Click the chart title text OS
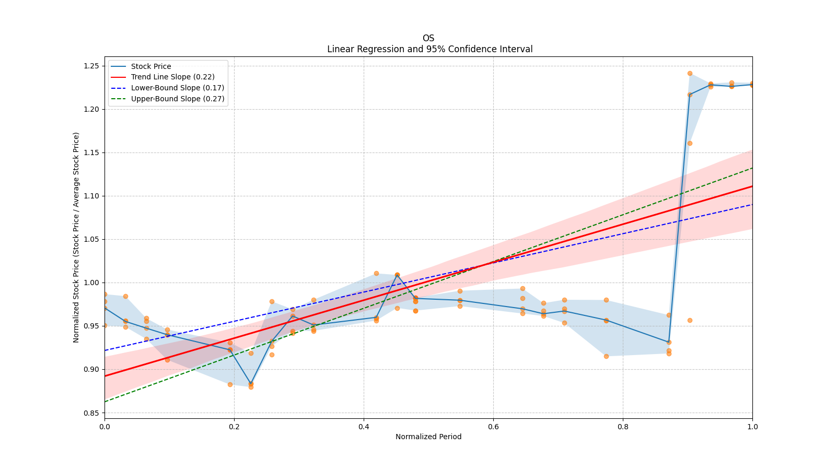(428, 38)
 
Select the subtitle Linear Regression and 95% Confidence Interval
(429, 49)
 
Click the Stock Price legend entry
(151, 66)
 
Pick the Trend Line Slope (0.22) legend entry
(172, 77)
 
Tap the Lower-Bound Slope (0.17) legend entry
(177, 88)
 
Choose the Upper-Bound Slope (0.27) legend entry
(178, 99)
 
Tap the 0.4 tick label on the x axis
(364, 426)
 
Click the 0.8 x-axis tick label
(623, 426)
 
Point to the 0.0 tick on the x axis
(104, 426)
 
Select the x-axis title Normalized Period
(428, 437)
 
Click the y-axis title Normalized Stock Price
(76, 237)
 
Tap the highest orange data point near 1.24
(690, 73)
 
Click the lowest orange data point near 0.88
(251, 387)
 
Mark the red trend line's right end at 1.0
(752, 186)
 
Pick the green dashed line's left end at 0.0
(105, 402)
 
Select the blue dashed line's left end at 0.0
(105, 350)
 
